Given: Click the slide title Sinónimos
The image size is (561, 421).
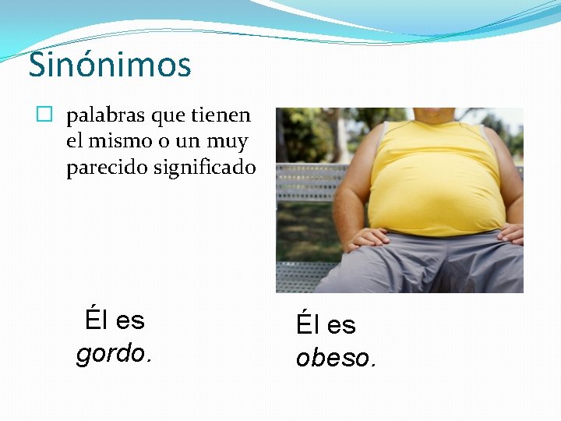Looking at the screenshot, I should tap(110, 65).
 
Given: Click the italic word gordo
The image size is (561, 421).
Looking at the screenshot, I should tap(114, 354).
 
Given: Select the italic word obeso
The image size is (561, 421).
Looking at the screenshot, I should tap(335, 358).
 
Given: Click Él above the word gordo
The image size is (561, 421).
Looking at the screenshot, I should tap(96, 320).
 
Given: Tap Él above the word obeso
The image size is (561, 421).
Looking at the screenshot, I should tap(307, 324).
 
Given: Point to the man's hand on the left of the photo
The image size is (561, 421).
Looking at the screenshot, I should tap(370, 238).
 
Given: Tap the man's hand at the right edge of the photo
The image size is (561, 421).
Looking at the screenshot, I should tap(511, 233).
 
